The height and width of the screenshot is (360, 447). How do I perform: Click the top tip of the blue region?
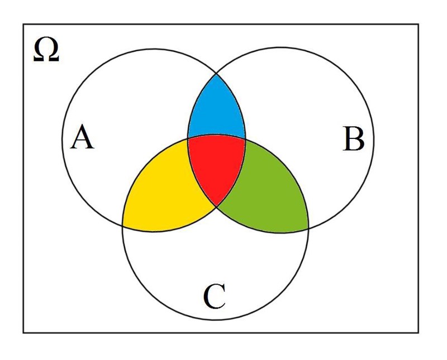point(216,73)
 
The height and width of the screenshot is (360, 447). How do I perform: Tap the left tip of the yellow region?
point(123,225)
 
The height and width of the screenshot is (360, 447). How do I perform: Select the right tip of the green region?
point(308,228)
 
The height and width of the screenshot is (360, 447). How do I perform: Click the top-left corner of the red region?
point(187,137)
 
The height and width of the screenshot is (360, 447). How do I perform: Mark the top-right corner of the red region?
point(245,137)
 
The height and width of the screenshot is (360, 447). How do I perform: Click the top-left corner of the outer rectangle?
point(23,24)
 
